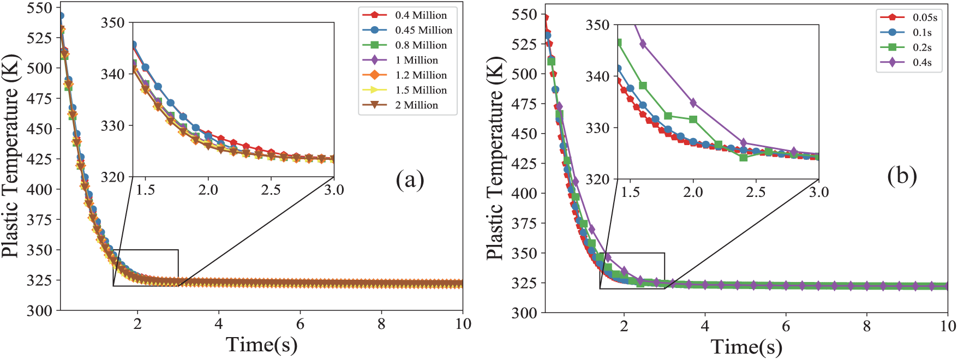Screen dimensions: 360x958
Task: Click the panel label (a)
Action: click(410, 179)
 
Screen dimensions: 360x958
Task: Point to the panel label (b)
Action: click(902, 176)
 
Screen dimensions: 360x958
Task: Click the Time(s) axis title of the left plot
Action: click(261, 345)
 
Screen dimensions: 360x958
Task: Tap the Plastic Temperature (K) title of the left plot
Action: click(10, 155)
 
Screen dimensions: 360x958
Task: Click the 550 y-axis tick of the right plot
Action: click(524, 15)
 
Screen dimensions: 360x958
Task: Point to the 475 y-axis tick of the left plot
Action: click(39, 99)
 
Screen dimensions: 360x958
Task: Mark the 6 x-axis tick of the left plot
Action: click(300, 324)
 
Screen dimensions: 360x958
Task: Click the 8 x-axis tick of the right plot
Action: click(867, 326)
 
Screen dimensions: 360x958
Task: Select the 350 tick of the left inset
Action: click(113, 23)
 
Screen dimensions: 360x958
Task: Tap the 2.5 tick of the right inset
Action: click(756, 192)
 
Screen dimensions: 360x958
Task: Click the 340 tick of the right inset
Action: click(598, 76)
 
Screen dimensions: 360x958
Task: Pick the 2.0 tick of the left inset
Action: click(208, 190)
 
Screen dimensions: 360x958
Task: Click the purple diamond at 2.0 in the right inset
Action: click(693, 103)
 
